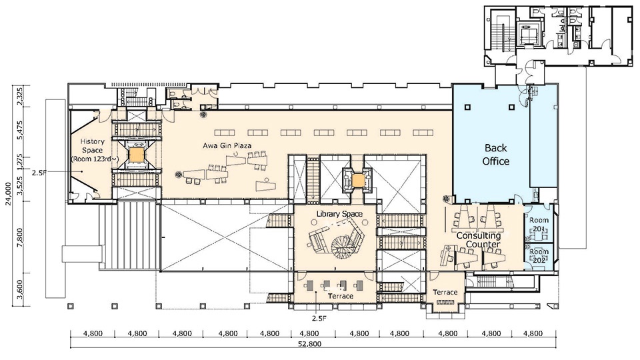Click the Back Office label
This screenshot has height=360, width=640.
tap(496, 154)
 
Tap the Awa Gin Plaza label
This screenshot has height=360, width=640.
tap(227, 145)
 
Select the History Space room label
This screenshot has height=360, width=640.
tap(92, 150)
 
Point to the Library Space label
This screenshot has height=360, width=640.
tap(339, 214)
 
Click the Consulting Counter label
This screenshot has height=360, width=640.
tap(479, 239)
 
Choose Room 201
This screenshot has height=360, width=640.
tap(539, 224)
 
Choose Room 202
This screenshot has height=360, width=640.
tap(539, 256)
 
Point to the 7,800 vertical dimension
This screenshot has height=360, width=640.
tap(21, 236)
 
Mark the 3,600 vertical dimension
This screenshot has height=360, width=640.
tap(21, 289)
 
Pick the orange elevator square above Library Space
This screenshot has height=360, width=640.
tap(358, 181)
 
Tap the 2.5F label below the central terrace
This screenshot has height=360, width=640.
tap(319, 318)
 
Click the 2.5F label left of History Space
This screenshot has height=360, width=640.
tap(39, 172)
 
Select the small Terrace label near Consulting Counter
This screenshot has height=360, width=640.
tap(445, 292)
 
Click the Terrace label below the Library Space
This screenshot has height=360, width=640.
tap(341, 296)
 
